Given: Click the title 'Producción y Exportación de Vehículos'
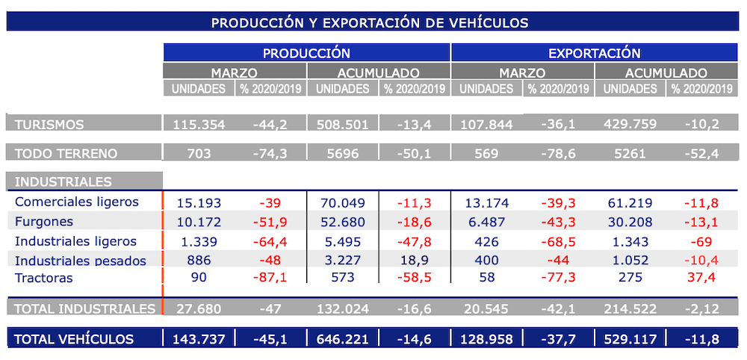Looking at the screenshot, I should (370, 22).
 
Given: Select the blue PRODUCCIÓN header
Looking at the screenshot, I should (306, 53).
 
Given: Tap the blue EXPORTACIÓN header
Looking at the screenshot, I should (595, 53).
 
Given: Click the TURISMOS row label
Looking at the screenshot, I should (49, 124).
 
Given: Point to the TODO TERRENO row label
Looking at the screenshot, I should (66, 154).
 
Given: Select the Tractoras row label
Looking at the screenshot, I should (44, 278).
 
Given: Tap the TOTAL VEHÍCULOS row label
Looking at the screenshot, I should (74, 339).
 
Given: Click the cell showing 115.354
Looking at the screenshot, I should (199, 124).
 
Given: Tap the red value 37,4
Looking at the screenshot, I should (702, 278).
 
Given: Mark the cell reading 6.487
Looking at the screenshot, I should (486, 222).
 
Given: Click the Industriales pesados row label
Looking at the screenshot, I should (80, 260).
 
